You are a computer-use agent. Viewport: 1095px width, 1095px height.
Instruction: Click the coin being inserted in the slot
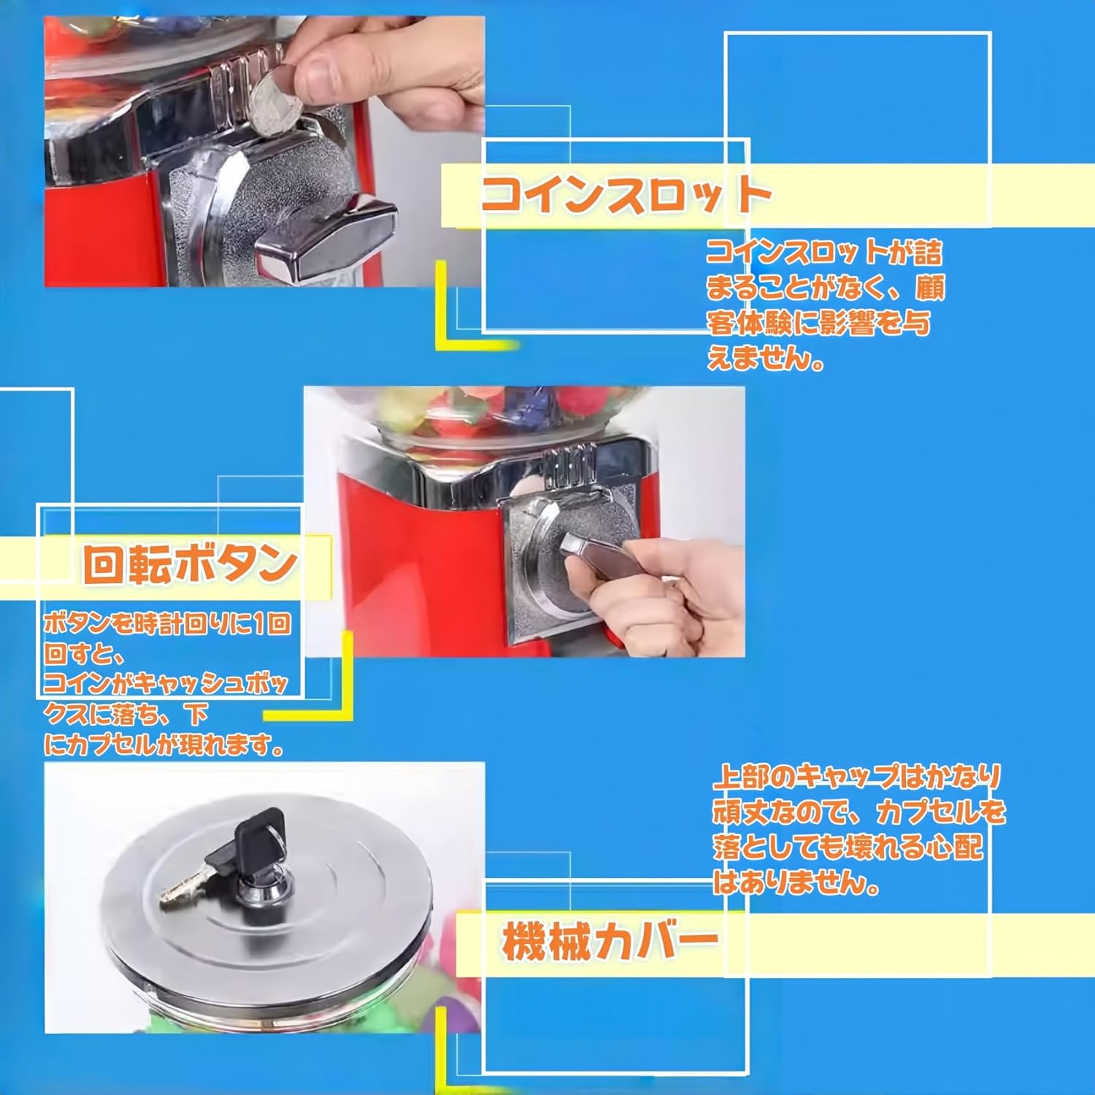tap(276, 102)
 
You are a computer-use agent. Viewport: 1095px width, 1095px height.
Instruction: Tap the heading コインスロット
tap(626, 196)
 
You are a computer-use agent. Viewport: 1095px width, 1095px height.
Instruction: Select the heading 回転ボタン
tap(190, 564)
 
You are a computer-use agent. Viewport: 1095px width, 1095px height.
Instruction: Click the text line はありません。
tap(796, 883)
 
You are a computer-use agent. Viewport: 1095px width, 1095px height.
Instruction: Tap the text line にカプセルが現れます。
tap(164, 745)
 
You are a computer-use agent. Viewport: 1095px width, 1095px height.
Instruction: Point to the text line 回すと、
tap(84, 653)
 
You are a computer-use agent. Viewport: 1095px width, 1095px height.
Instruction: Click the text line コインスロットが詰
tap(824, 253)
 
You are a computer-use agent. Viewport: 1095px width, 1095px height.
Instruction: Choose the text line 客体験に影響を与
tap(818, 323)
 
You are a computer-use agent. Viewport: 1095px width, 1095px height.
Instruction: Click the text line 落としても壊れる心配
tap(847, 848)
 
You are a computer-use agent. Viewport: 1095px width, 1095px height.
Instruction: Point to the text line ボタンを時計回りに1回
tap(167, 624)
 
